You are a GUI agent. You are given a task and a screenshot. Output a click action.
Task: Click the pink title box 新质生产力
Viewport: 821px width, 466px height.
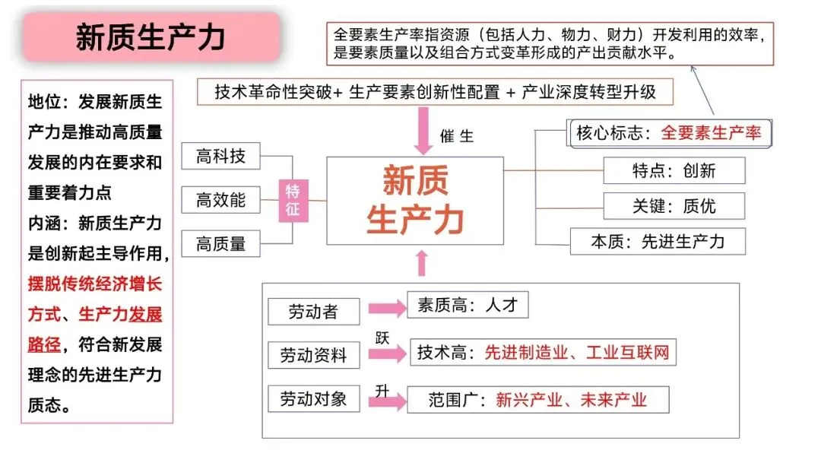151,36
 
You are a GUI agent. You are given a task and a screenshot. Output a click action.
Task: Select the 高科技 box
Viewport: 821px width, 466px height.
220,157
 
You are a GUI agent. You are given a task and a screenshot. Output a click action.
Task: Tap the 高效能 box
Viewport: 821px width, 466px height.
220,200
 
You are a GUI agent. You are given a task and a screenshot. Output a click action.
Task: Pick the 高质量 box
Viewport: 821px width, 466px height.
220,243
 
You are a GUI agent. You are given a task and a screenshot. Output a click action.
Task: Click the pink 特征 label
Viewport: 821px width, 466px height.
293,200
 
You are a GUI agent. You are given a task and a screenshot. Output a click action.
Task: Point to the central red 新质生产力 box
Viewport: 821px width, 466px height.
415,201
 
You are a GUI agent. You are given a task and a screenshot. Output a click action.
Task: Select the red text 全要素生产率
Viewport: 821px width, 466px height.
710,132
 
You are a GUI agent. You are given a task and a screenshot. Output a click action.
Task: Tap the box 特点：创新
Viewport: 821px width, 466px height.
674,170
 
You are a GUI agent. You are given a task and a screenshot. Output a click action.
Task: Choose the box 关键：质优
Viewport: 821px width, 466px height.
674,205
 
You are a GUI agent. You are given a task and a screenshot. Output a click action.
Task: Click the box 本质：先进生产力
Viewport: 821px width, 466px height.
658,242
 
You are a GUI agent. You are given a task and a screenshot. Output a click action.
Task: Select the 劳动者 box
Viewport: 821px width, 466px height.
313,312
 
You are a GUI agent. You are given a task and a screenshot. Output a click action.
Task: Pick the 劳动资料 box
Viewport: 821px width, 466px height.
313,355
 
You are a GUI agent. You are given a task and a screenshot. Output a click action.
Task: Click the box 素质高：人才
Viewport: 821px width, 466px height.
467,305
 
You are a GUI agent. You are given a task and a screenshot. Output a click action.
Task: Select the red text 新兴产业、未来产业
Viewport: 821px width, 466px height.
570,400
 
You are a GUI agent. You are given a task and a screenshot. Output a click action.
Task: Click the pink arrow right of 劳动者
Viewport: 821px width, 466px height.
387,308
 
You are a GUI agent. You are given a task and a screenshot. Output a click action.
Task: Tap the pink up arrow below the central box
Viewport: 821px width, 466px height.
422,262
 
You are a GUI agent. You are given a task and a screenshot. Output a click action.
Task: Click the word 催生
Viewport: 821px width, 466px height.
456,137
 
